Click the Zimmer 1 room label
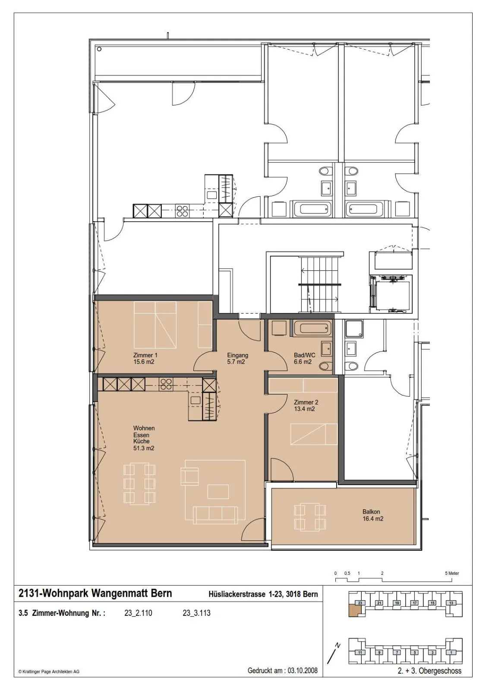(x=145, y=355)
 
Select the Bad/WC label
(x=305, y=355)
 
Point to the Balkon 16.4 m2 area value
(x=373, y=519)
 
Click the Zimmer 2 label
(x=306, y=402)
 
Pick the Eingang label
(x=238, y=355)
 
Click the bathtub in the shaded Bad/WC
(x=312, y=328)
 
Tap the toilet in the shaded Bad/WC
(x=325, y=366)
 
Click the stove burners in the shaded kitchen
(x=166, y=384)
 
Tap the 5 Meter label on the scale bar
(x=452, y=573)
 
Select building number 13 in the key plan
(x=451, y=603)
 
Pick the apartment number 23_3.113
(x=196, y=613)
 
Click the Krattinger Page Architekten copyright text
(x=49, y=672)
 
